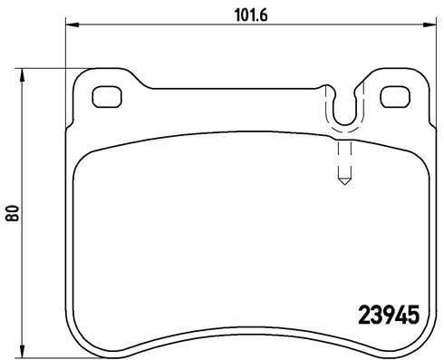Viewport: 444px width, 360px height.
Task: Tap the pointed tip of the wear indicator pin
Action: click(x=343, y=184)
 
